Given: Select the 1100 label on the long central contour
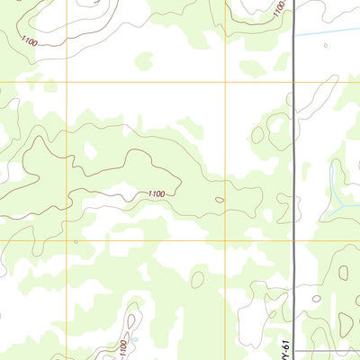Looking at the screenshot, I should coord(157,193).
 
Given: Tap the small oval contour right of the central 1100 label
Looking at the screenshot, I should coord(220,200).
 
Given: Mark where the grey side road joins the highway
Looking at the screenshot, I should coord(296,350).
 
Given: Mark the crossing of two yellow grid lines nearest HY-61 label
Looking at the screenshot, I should coord(225,241).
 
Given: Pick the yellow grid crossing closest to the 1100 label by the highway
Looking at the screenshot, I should coord(225,81).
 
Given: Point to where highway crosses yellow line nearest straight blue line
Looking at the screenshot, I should coord(295,81).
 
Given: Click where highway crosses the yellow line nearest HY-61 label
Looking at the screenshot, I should coord(295,241).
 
